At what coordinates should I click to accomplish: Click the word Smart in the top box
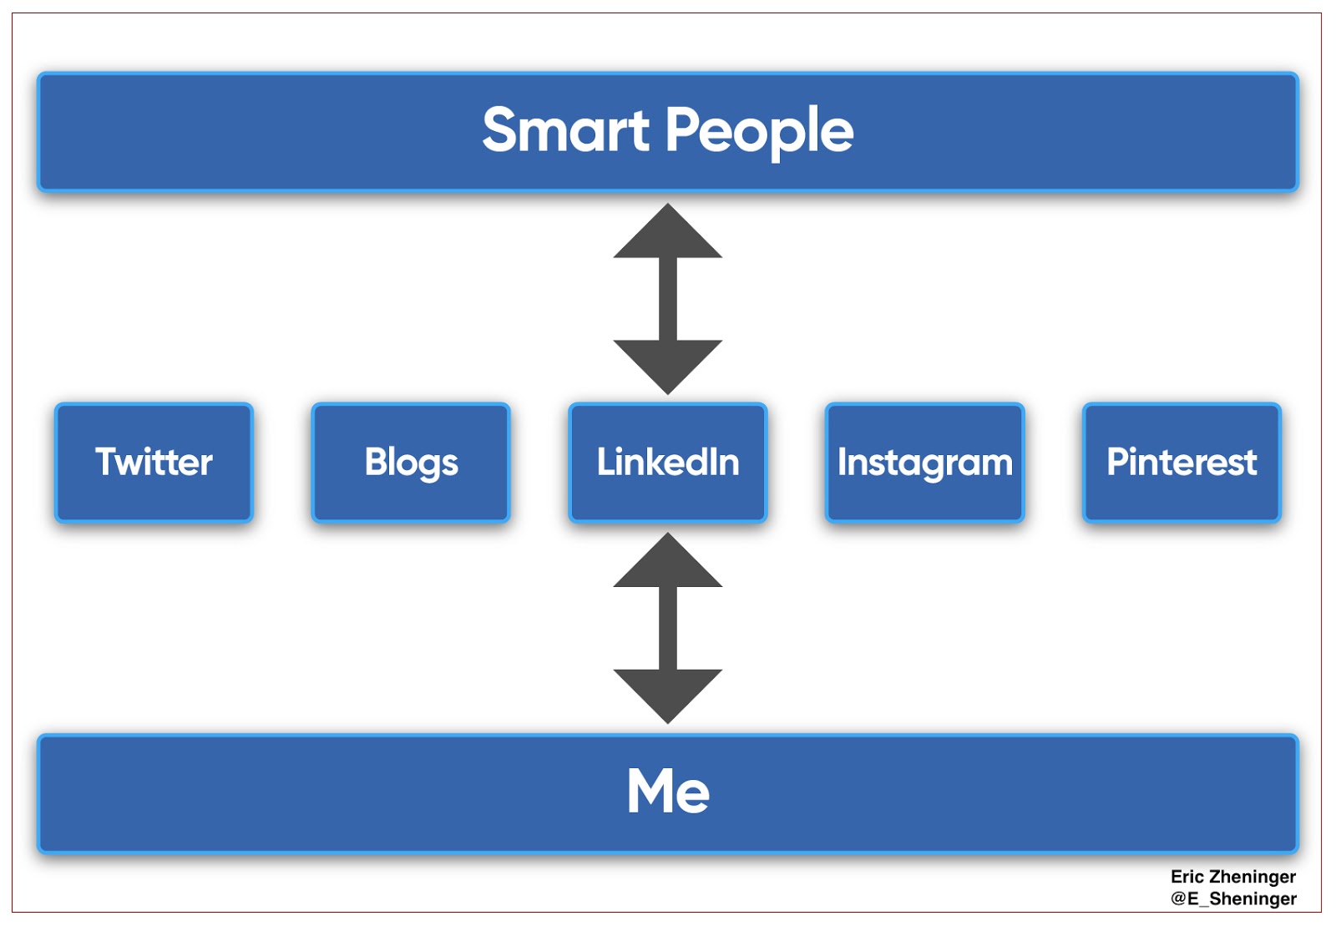tap(565, 131)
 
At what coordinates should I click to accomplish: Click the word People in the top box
tap(759, 131)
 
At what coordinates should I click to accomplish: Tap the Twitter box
tap(154, 463)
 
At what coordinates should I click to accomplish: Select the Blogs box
tap(411, 463)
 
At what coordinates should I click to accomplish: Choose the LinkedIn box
tap(668, 463)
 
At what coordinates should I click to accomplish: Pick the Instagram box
tap(924, 463)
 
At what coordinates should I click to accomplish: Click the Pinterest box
tap(1182, 463)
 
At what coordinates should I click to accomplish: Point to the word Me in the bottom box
tap(668, 791)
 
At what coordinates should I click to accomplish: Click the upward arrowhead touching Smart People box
tap(668, 234)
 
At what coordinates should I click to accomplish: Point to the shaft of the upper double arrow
tap(668, 299)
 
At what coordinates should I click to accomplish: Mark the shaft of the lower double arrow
tap(668, 628)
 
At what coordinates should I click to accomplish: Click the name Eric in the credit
tap(1187, 877)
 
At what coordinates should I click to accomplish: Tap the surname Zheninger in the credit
tap(1252, 877)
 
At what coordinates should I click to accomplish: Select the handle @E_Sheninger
tap(1233, 898)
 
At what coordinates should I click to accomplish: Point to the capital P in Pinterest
tap(1116, 462)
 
